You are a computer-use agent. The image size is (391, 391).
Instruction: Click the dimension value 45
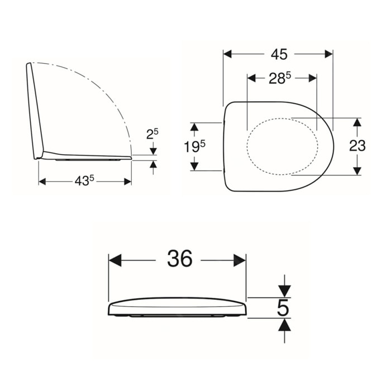(279, 54)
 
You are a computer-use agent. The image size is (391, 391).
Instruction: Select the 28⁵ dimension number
(280, 79)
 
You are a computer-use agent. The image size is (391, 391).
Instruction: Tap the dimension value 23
(357, 146)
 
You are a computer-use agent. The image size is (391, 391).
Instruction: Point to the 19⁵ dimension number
(194, 146)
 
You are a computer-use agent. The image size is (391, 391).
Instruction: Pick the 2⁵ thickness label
(152, 134)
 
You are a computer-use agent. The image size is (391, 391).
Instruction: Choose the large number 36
(179, 258)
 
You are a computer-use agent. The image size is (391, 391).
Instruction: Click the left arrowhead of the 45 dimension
(227, 54)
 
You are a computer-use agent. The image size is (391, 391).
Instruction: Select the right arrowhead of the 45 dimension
(328, 54)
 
